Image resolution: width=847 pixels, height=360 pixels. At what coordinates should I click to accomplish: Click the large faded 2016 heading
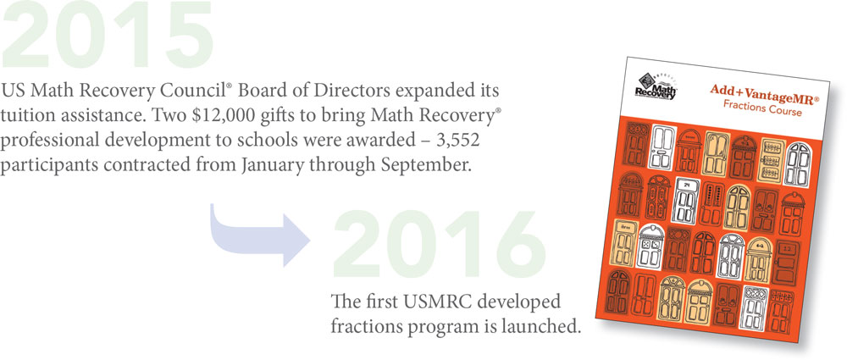coord(439,245)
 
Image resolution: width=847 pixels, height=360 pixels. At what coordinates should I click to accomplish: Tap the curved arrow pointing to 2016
coord(259,235)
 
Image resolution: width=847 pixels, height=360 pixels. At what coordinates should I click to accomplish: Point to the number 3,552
coord(458,141)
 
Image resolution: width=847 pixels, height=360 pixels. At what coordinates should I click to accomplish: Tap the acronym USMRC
coord(425,301)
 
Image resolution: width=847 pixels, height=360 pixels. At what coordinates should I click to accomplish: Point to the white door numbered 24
coord(685,199)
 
